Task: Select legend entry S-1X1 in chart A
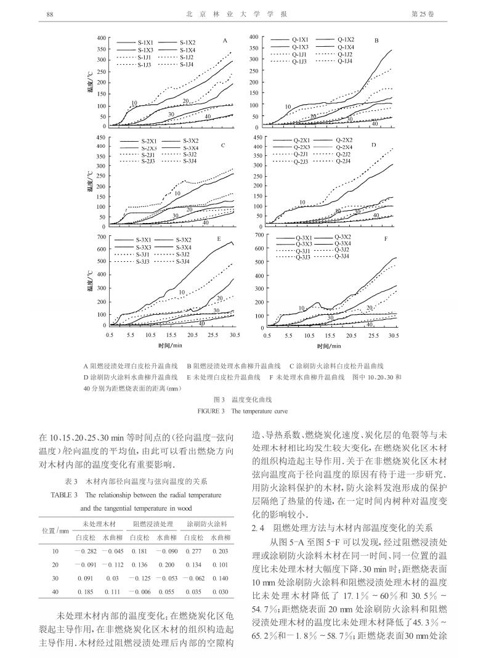pos(146,42)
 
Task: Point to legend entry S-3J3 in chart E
pos(144,261)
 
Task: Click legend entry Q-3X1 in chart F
pos(303,237)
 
